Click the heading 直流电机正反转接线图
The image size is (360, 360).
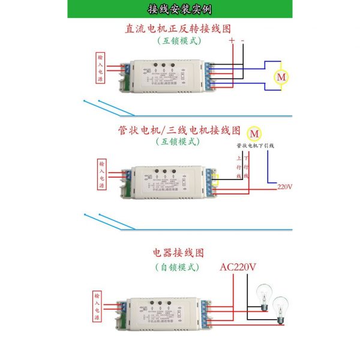[178, 29]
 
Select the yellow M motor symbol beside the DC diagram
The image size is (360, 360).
[281, 77]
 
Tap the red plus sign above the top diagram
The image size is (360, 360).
[232, 41]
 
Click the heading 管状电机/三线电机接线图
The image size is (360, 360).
[179, 130]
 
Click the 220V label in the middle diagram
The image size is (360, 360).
[285, 187]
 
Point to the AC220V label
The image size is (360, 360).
[238, 268]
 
